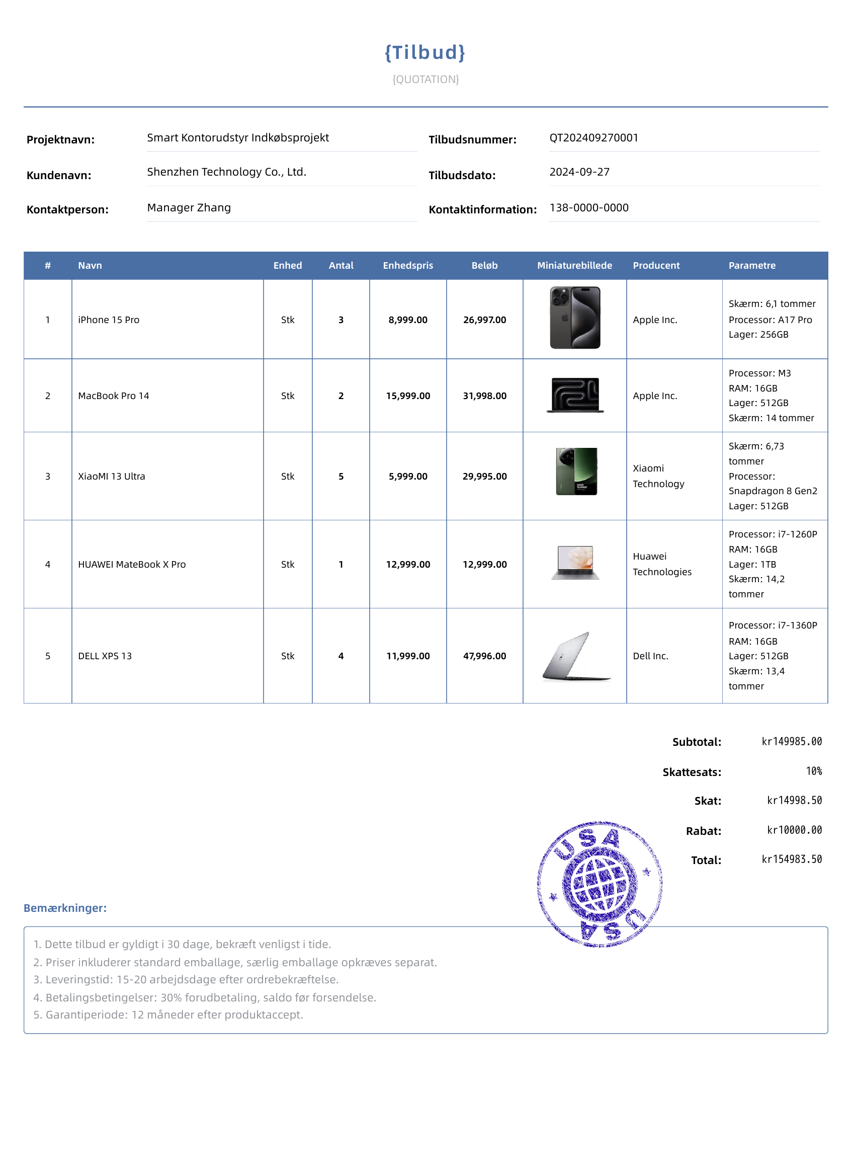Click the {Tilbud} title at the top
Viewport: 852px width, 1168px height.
click(x=425, y=53)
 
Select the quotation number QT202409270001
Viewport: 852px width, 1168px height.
click(x=593, y=138)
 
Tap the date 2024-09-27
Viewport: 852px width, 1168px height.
click(x=579, y=172)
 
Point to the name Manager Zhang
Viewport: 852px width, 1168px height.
click(x=189, y=208)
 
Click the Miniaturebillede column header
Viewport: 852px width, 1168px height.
click(x=574, y=266)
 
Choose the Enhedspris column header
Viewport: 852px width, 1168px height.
click(x=407, y=266)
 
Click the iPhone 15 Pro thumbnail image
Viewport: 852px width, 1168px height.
click(x=575, y=318)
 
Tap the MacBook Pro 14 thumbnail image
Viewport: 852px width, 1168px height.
click(x=575, y=395)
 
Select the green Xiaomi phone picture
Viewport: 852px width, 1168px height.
click(x=576, y=472)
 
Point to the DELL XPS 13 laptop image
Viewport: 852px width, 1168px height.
click(x=575, y=656)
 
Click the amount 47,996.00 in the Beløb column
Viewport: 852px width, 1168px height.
click(x=484, y=656)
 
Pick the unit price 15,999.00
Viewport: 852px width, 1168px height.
click(x=407, y=396)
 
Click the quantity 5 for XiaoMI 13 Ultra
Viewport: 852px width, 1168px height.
click(x=341, y=477)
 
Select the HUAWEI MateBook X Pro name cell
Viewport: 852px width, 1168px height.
click(x=132, y=565)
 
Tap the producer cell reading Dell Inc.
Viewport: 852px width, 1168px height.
click(x=650, y=656)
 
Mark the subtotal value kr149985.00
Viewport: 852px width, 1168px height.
click(x=792, y=742)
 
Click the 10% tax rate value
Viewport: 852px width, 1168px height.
click(x=814, y=771)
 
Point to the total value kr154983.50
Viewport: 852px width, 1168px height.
click(x=792, y=860)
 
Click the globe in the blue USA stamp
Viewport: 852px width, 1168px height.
click(x=600, y=884)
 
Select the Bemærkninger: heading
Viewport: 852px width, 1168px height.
click(x=65, y=908)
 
